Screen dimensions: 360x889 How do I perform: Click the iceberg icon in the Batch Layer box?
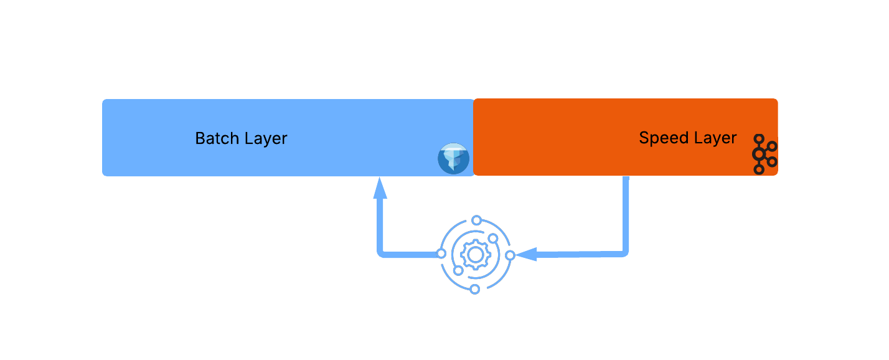pos(453,158)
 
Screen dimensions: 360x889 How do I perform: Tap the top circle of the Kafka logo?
pos(758,139)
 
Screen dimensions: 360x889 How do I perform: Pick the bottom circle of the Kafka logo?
pos(758,169)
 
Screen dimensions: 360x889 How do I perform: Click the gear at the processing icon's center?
pos(476,255)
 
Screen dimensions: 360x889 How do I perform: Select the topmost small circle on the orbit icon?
pos(477,220)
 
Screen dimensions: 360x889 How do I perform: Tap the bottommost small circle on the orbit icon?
pos(474,289)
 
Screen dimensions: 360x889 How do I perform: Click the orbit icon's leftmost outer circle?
pos(441,253)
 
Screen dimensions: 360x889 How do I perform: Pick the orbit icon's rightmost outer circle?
pos(510,255)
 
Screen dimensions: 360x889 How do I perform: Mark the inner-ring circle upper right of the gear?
pos(493,239)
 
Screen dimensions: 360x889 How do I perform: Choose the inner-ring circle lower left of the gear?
pos(458,270)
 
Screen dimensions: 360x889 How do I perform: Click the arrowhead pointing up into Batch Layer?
pos(380,188)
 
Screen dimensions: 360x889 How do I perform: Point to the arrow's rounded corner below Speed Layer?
pos(624,252)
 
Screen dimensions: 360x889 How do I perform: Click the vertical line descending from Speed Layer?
pos(626,212)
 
